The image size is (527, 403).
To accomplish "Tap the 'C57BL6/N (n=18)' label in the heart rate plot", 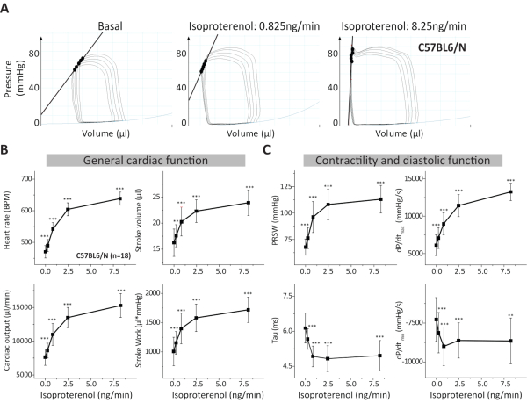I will [x=105, y=255].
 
